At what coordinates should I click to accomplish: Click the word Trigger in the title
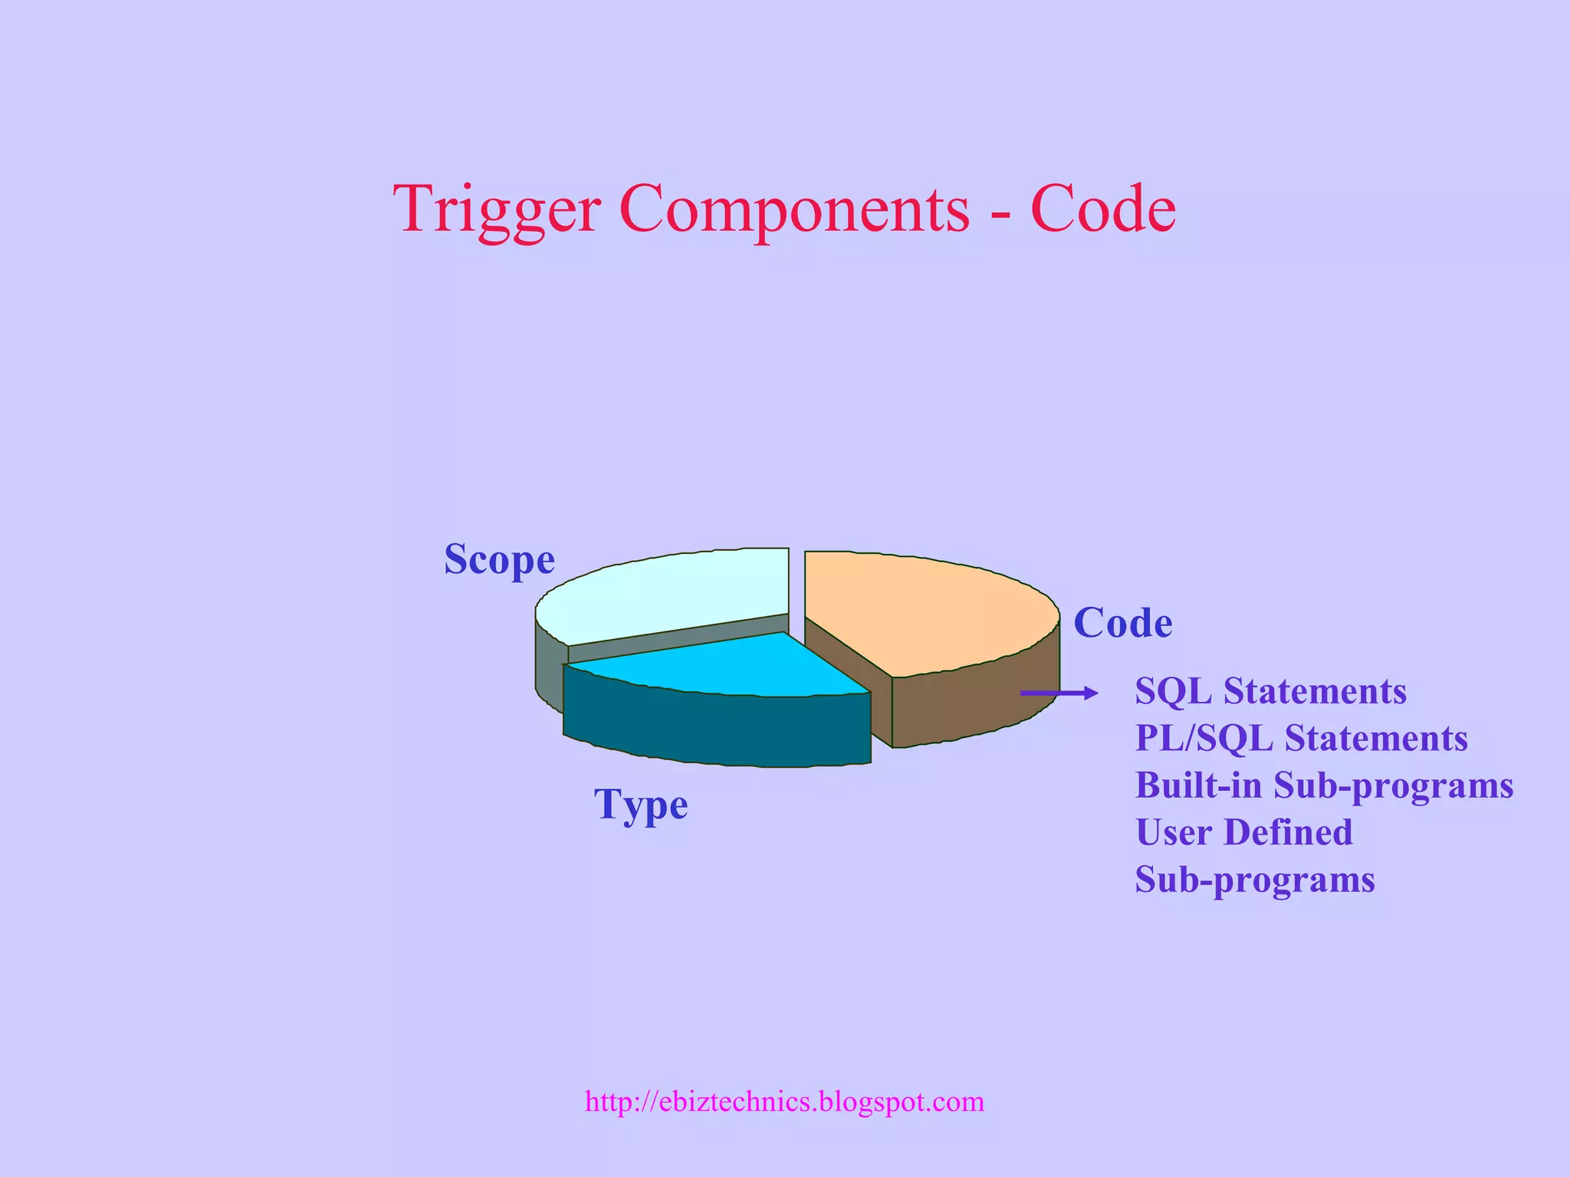click(x=496, y=208)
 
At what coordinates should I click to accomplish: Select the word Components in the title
click(x=794, y=208)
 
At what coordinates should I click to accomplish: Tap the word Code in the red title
click(x=1102, y=208)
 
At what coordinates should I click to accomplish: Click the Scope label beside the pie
click(x=499, y=559)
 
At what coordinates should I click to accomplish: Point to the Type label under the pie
click(x=641, y=805)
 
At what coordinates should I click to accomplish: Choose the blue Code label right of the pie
click(x=1122, y=622)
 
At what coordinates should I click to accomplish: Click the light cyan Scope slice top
click(x=667, y=594)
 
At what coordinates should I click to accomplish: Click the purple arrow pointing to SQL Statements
click(x=1058, y=693)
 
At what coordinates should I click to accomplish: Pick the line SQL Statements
click(x=1270, y=691)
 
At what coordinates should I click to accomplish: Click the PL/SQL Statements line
click(x=1301, y=739)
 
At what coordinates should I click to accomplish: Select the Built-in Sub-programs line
click(x=1324, y=785)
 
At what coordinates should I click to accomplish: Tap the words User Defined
click(x=1243, y=833)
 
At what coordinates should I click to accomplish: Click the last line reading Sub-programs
click(x=1255, y=880)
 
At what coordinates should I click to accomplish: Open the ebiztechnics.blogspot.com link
click(x=784, y=1102)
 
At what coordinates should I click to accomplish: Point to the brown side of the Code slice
click(x=974, y=705)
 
